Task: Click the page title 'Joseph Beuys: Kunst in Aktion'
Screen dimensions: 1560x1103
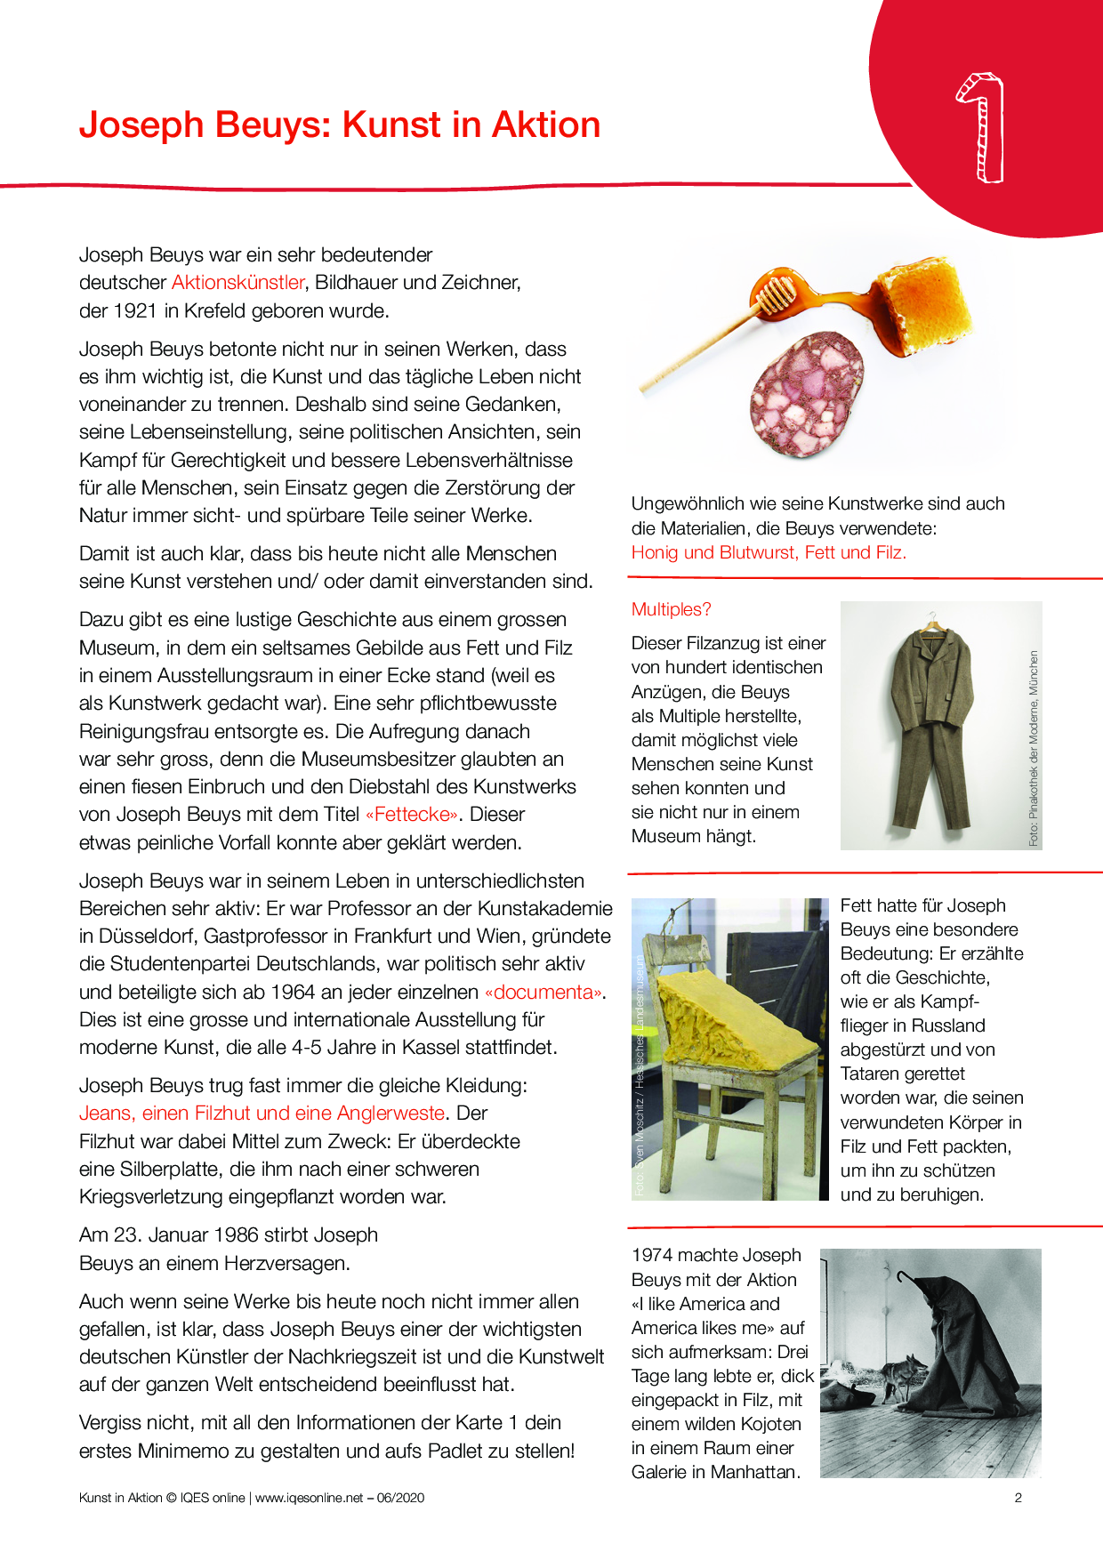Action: pyautogui.click(x=340, y=125)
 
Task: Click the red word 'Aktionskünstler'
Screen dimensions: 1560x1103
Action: pyautogui.click(x=238, y=283)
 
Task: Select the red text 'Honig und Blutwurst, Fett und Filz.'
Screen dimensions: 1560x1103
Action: pyautogui.click(x=769, y=552)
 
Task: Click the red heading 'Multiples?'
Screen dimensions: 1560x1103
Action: pyautogui.click(x=671, y=609)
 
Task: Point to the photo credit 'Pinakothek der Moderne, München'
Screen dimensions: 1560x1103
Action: pyautogui.click(x=1034, y=747)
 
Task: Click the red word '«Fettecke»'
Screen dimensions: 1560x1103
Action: pyautogui.click(x=412, y=815)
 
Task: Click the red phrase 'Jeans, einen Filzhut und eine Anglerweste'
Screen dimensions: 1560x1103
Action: pyautogui.click(x=262, y=1114)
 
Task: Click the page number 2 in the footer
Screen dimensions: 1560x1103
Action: pyautogui.click(x=1018, y=1498)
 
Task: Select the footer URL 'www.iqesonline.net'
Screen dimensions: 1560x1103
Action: pyautogui.click(x=309, y=1498)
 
